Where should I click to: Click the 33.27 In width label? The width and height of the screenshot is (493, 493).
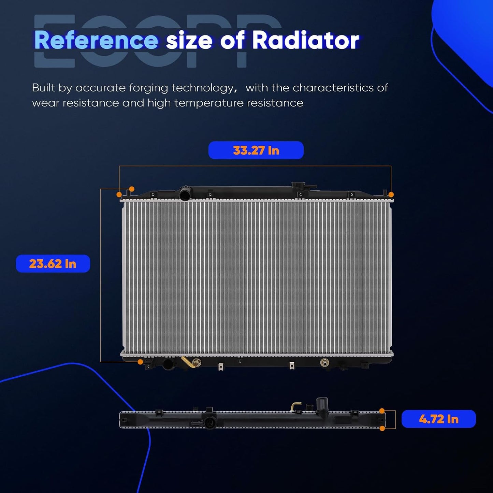[x=256, y=150]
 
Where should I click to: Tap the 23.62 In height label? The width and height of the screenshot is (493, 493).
[x=53, y=263]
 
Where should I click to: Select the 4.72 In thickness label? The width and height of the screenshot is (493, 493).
[x=438, y=419]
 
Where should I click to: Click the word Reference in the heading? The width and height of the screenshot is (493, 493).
[x=96, y=40]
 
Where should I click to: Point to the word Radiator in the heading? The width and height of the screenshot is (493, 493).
[x=306, y=40]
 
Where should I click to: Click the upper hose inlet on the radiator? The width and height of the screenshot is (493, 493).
[x=185, y=194]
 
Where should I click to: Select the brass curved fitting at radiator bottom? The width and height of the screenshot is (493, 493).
[x=189, y=362]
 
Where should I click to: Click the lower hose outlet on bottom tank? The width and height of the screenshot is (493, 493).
[x=169, y=364]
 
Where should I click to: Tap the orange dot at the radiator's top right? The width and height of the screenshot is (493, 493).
[x=391, y=195]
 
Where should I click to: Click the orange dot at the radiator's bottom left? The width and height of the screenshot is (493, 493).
[x=140, y=362]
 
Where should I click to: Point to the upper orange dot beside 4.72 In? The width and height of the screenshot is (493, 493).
[x=382, y=411]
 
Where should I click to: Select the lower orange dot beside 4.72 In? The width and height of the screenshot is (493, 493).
[x=382, y=429]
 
